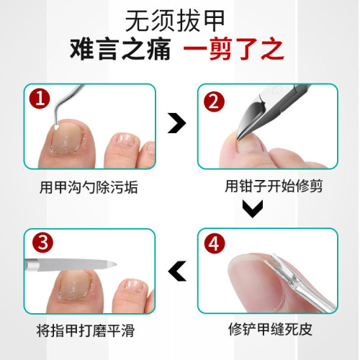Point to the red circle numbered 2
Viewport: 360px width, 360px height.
point(213,101)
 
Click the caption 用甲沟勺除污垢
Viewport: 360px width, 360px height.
point(89,189)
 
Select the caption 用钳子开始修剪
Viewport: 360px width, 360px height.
point(268,189)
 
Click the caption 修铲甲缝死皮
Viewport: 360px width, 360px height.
point(268,332)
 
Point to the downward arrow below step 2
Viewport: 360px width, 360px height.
point(251,210)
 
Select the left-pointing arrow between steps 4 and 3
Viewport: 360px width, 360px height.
point(175,271)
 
